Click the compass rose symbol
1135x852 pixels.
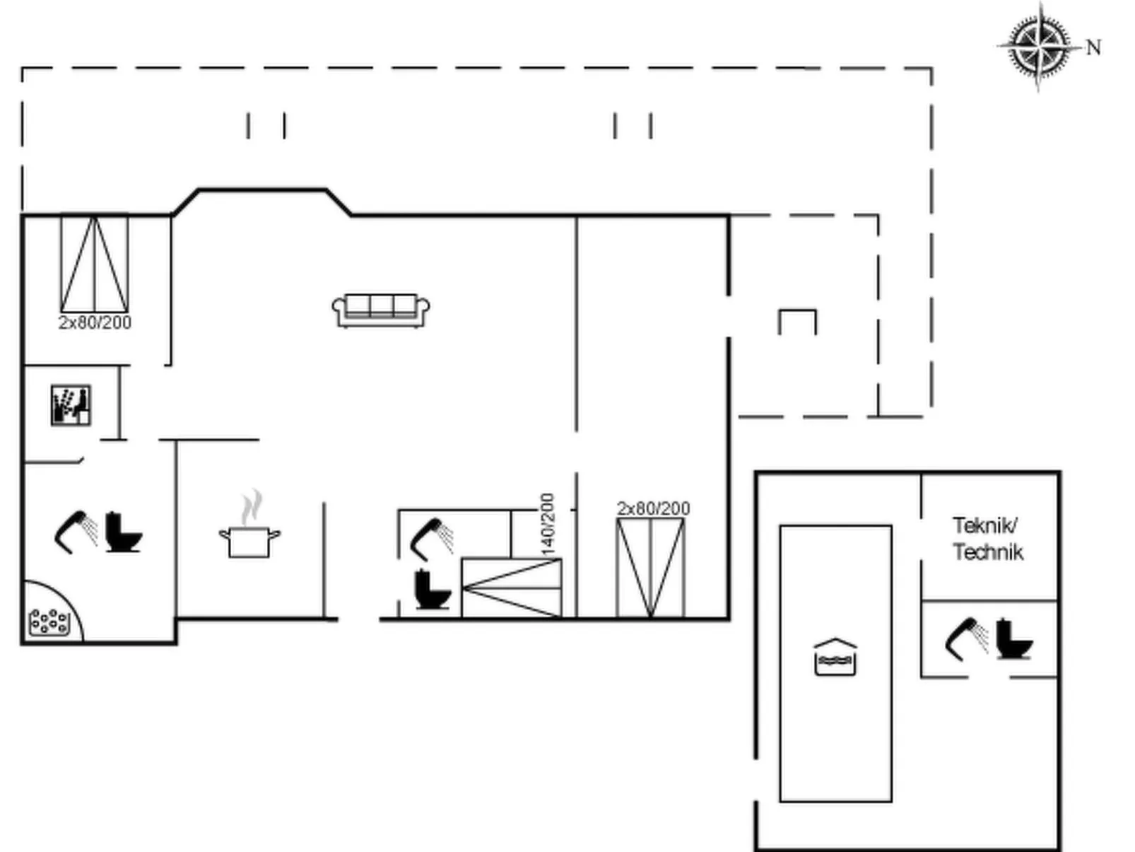tap(1040, 47)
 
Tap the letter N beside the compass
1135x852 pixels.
tap(1093, 47)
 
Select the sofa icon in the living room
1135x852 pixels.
tap(381, 310)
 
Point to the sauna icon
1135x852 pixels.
tap(71, 406)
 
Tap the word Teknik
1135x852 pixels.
tap(985, 525)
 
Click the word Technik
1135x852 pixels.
tap(988, 552)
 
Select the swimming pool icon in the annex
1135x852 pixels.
tap(835, 658)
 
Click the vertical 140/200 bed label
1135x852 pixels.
tap(547, 525)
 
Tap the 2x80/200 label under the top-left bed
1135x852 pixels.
tap(95, 323)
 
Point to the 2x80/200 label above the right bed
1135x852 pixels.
tap(654, 508)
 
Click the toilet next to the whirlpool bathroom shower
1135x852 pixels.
tap(124, 532)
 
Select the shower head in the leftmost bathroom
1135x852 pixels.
tap(76, 532)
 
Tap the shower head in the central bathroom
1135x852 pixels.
tap(433, 539)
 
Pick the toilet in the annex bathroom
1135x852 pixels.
tap(1014, 639)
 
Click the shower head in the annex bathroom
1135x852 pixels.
tap(966, 640)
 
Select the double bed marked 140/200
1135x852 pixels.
tap(512, 588)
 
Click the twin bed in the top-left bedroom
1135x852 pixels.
tap(95, 264)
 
